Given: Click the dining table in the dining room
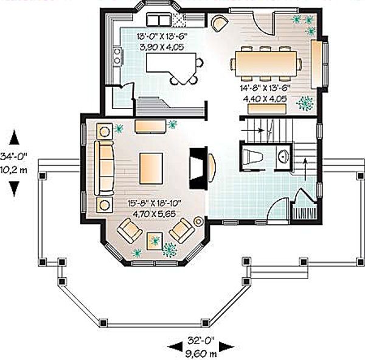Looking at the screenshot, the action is tap(266, 63).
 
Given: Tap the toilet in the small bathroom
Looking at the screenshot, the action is tap(252, 156).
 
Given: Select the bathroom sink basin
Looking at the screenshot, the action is tap(283, 156).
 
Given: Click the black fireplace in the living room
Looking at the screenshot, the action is tap(198, 168).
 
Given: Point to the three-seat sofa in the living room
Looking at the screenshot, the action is tap(104, 168).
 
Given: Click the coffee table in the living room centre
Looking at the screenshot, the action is tap(151, 168).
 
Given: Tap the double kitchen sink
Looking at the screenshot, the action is tap(159, 19).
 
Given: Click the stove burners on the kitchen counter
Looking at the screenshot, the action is tap(117, 56).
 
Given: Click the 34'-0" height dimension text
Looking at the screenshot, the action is tap(14, 156).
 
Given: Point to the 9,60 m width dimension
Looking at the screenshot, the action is tap(201, 354).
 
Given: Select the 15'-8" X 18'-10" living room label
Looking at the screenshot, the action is tap(155, 203).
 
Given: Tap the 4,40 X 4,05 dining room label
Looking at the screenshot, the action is tap(265, 99).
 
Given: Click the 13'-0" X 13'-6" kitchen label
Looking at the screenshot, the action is tap(162, 37).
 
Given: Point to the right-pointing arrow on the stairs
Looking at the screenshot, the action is tap(253, 130).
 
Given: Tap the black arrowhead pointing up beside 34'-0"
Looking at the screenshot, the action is tap(14, 137).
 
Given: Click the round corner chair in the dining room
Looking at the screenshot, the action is tap(220, 23).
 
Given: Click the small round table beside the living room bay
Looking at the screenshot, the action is tap(198, 222).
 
